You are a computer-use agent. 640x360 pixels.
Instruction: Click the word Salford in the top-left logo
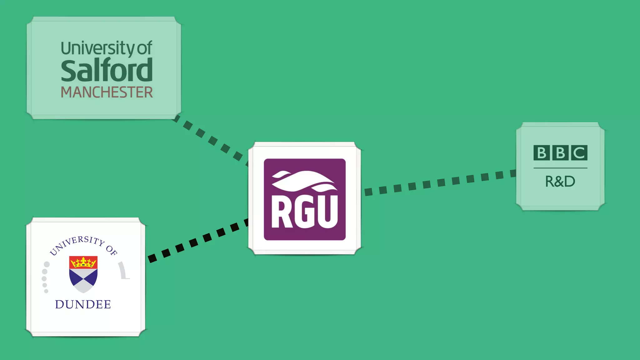pos(107,71)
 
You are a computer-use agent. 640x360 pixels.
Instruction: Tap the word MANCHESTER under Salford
pos(107,92)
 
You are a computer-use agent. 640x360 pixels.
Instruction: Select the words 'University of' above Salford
pos(107,48)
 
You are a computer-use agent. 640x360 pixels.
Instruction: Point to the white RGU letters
pos(305,212)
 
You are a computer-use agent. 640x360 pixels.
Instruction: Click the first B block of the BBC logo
pos(541,153)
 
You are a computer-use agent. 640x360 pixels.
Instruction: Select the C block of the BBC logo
pos(579,153)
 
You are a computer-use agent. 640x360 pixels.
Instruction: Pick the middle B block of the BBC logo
pos(560,153)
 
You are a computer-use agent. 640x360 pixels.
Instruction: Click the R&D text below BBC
pos(560,181)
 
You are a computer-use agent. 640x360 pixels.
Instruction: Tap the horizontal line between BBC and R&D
pos(560,168)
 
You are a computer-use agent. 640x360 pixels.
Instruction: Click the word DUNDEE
pos(83,304)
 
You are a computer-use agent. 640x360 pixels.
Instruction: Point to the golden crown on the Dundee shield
pos(83,262)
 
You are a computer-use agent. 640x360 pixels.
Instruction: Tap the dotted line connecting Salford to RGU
pos(212,140)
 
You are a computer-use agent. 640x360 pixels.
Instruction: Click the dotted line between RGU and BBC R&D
pos(441,182)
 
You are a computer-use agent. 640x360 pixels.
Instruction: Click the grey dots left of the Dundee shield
pos(45,278)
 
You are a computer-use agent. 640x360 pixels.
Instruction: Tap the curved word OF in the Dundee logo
pos(112,250)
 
